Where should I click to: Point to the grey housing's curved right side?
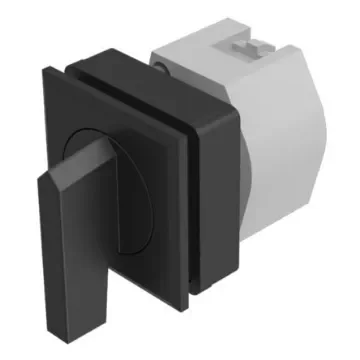click(320, 150)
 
